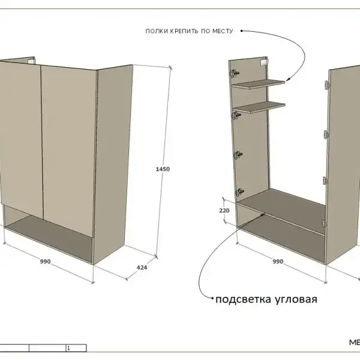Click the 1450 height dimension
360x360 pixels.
pos(163,169)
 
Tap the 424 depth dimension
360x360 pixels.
pos(142,268)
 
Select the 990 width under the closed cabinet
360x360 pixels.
pos(45,262)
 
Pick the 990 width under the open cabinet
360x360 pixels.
pos(278,262)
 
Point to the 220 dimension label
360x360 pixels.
pos(224,211)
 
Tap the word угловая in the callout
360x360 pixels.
pos(296,299)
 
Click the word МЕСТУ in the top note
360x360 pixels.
pos(223,31)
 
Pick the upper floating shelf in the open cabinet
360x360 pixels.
pos(259,83)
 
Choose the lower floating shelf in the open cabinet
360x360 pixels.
pos(259,107)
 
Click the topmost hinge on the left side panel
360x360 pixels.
pos(234,73)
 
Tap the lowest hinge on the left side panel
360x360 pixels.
pos(239,192)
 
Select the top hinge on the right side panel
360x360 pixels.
pos(327,85)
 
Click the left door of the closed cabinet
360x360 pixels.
pos(20,138)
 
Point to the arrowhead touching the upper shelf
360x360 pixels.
pos(288,79)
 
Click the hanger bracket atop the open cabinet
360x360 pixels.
pos(264,62)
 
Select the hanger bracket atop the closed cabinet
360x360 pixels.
pos(31,61)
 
